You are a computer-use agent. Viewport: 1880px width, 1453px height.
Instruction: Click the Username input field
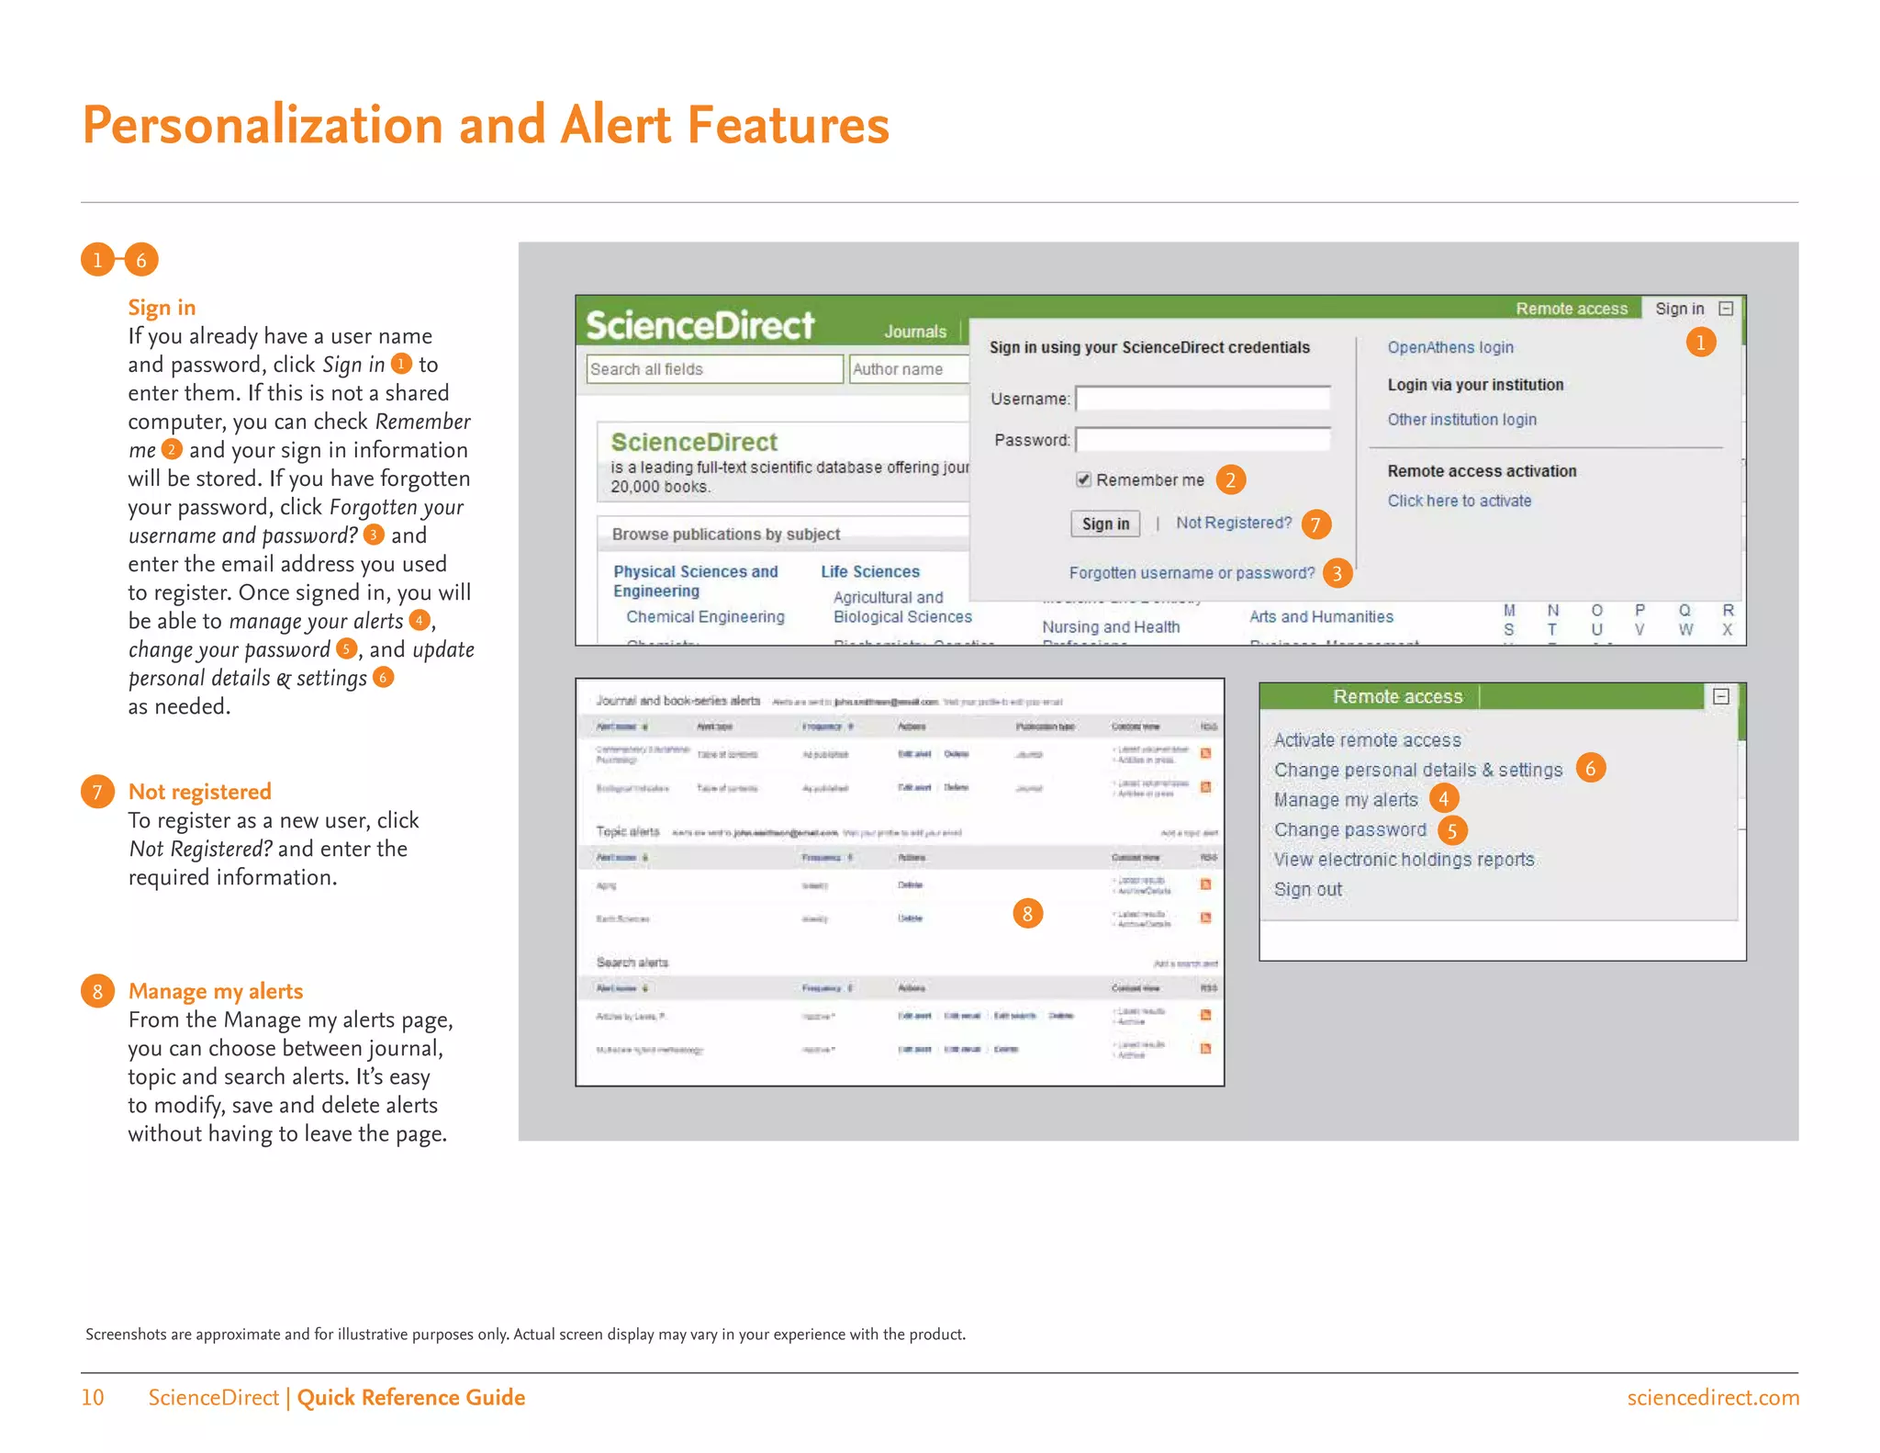[x=1203, y=399]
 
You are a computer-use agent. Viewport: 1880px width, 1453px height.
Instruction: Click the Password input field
[x=1203, y=440]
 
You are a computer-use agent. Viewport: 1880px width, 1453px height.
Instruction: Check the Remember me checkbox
[x=1083, y=479]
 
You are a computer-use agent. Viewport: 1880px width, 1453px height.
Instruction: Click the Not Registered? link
[x=1233, y=523]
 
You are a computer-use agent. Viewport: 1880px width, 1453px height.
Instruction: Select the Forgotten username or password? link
[x=1192, y=573]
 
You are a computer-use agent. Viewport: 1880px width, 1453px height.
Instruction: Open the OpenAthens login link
[x=1449, y=347]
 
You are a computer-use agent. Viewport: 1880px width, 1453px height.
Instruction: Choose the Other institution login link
[x=1461, y=420]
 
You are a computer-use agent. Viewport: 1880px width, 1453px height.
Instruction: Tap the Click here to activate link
[x=1459, y=501]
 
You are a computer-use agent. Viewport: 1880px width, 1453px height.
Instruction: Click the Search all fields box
[x=714, y=369]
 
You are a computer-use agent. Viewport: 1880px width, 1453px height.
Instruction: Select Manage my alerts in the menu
[x=1345, y=800]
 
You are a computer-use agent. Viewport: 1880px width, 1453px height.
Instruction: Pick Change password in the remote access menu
[x=1349, y=830]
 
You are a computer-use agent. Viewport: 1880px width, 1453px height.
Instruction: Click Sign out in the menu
[x=1307, y=890]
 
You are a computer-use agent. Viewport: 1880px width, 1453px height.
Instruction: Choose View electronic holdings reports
[x=1404, y=860]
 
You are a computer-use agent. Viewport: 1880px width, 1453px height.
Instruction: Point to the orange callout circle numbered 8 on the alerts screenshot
[x=1027, y=914]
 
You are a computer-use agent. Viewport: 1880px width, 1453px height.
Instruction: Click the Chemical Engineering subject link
[x=705, y=617]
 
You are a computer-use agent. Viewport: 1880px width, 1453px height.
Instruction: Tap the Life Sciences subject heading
[x=869, y=571]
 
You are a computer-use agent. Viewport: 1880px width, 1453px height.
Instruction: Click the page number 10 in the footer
[x=93, y=1398]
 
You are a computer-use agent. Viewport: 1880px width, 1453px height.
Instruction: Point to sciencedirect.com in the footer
[x=1712, y=1398]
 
